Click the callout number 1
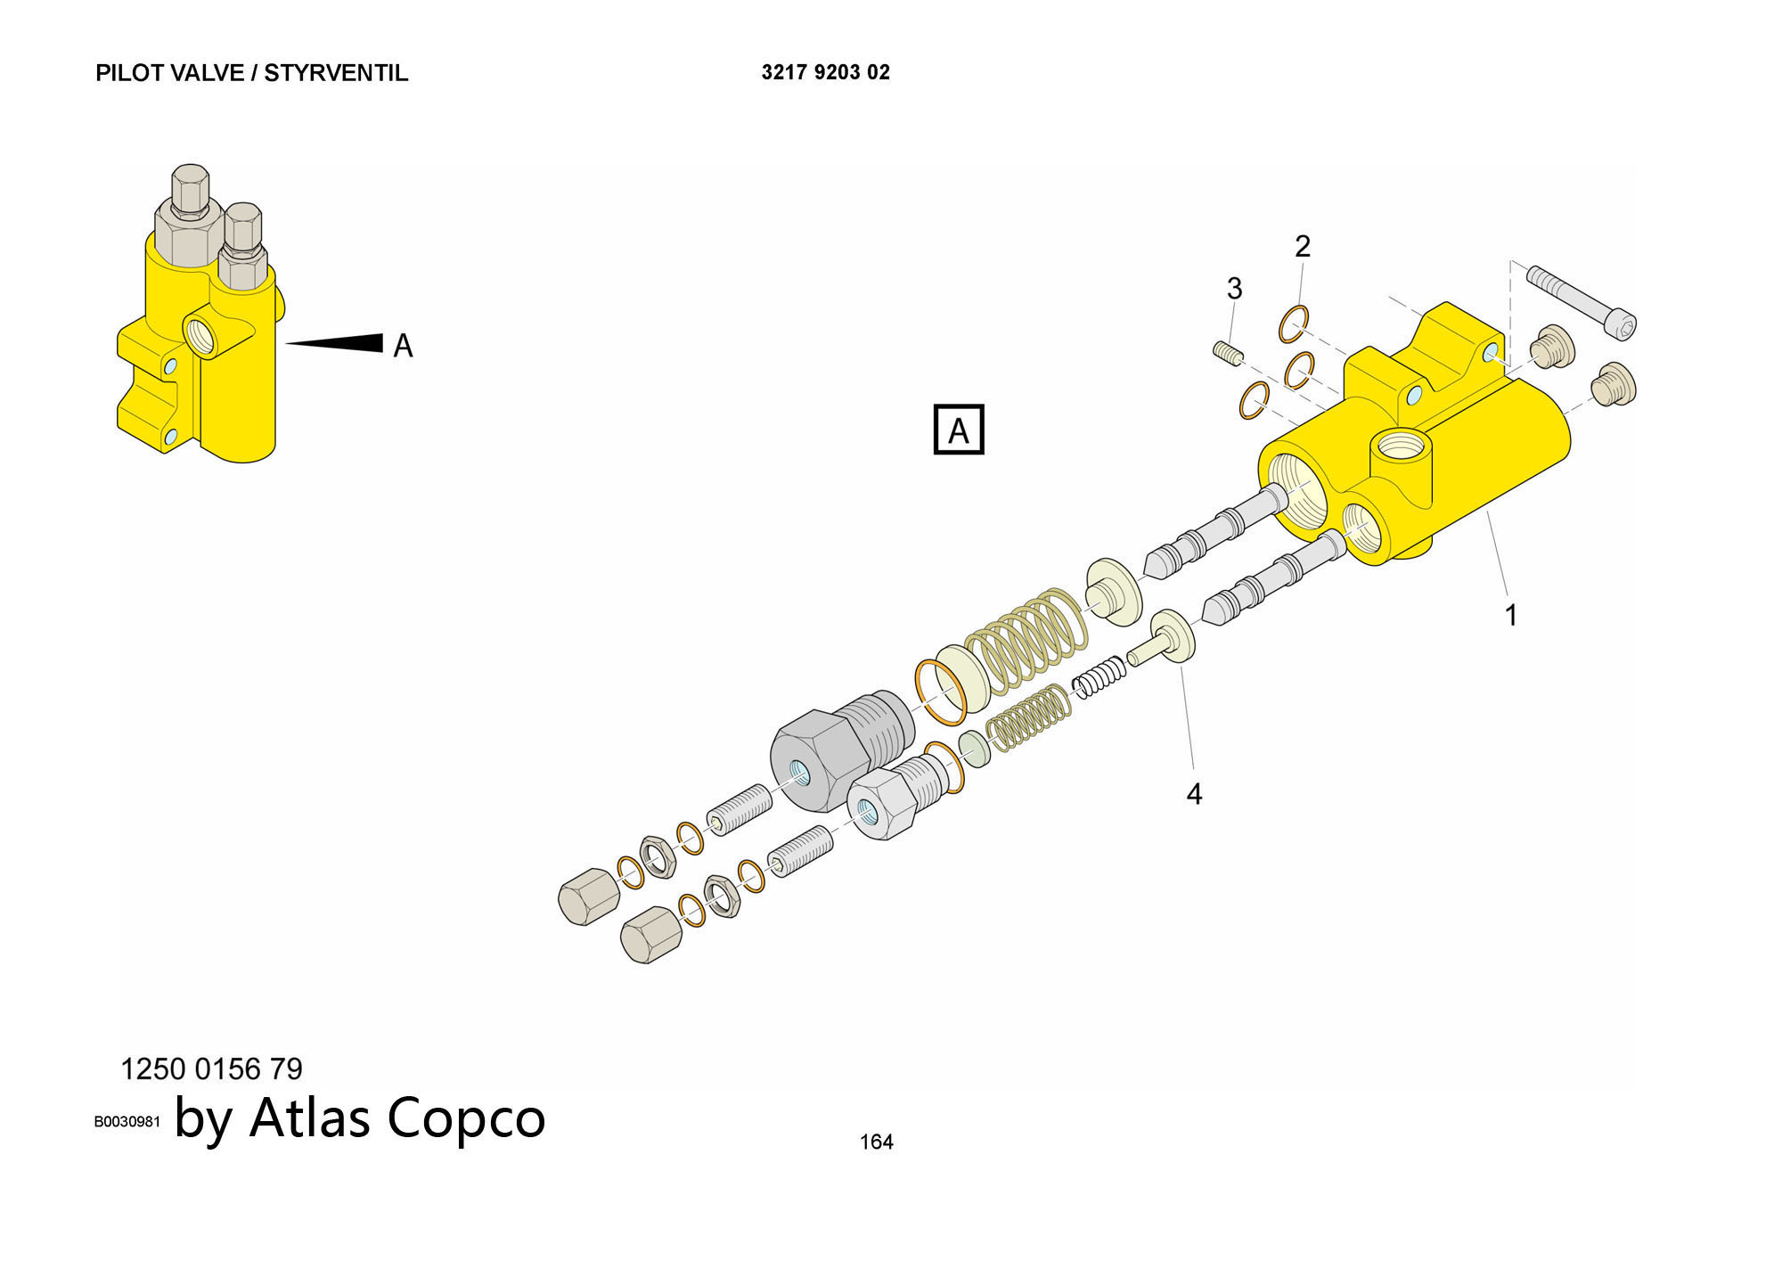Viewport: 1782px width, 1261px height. (1510, 615)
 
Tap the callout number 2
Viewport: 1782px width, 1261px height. (1303, 247)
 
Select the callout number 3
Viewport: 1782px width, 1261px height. (1234, 289)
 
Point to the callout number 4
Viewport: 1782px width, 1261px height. (1194, 793)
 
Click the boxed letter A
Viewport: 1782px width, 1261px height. (958, 430)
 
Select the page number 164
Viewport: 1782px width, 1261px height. (876, 1142)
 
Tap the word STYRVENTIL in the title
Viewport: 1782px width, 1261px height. (336, 73)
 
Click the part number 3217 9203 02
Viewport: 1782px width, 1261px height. (825, 72)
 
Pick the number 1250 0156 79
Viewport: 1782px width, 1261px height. (211, 1069)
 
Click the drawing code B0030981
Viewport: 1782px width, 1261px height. (127, 1122)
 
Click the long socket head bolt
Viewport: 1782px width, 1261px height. (1581, 301)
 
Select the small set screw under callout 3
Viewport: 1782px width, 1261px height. (1227, 353)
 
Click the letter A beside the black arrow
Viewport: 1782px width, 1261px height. (403, 346)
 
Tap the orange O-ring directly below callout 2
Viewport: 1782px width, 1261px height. (1294, 323)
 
